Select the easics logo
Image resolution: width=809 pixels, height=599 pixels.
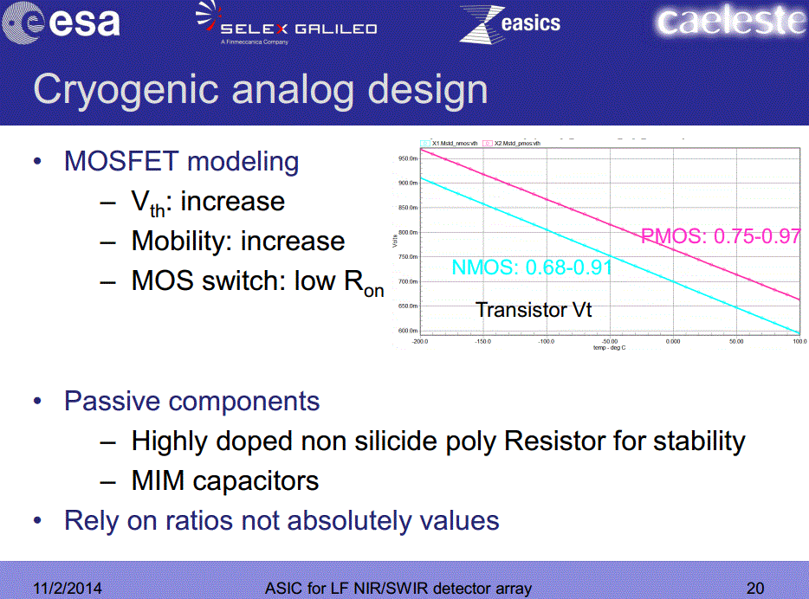click(510, 23)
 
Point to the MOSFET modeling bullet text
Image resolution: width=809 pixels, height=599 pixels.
click(182, 162)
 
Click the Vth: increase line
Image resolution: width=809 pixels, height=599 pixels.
click(208, 203)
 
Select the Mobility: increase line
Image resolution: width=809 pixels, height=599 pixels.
click(237, 242)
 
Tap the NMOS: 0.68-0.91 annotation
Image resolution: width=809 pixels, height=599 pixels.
click(532, 267)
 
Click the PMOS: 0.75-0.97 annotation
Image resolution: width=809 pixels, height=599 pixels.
click(720, 236)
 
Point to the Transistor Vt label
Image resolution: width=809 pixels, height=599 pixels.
click(534, 309)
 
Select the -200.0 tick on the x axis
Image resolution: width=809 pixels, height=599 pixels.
click(420, 342)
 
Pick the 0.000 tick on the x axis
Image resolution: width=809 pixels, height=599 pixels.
click(672, 342)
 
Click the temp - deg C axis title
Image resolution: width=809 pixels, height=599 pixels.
click(609, 348)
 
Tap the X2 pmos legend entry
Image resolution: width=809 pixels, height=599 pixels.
click(515, 143)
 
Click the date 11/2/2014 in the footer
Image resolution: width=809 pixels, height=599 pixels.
click(67, 589)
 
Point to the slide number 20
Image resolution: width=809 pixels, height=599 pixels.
click(755, 589)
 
